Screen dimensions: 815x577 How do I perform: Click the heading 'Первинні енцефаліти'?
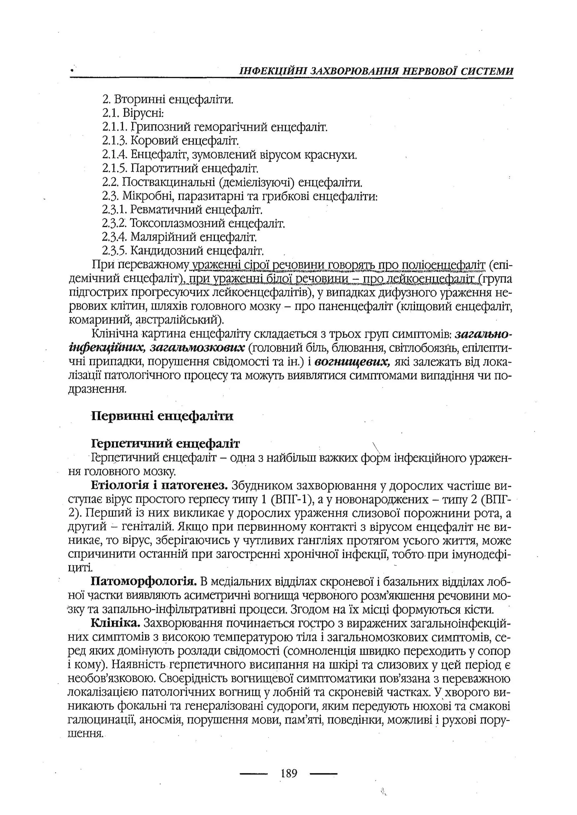(x=162, y=416)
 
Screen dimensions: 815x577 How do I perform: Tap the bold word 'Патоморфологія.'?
(x=144, y=581)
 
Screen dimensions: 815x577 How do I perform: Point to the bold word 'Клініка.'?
(x=116, y=623)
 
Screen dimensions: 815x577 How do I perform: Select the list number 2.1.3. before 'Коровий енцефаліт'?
(x=114, y=141)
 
